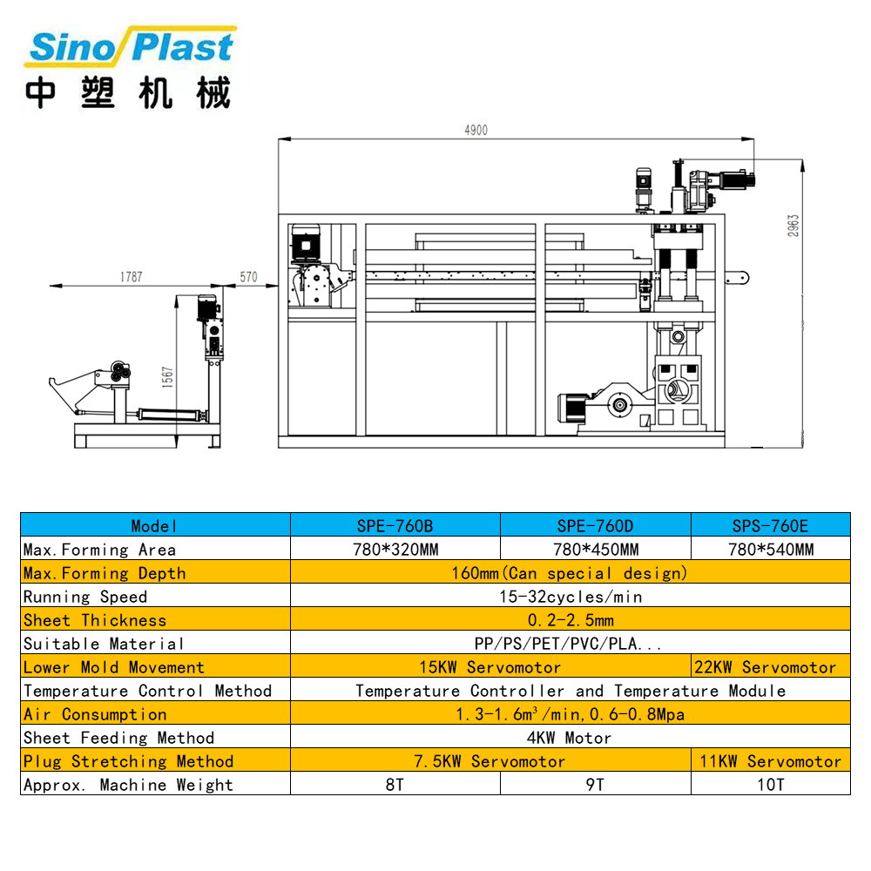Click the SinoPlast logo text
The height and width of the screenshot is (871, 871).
coord(131,47)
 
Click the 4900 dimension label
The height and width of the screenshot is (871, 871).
coord(476,131)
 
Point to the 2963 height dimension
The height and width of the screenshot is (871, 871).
coord(793,226)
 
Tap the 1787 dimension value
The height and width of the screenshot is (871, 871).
coord(131,277)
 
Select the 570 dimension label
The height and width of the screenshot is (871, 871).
coord(249,277)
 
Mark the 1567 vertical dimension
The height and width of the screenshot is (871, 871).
coord(168,376)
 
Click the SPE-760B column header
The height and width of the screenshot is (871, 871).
coord(395,525)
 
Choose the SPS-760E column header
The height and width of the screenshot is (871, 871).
coord(770,525)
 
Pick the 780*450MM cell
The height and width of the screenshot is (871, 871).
coord(596,550)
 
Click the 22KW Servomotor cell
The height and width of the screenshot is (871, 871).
coord(771,667)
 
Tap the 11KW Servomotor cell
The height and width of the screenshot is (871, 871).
coord(771,761)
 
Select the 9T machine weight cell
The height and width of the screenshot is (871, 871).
coord(596,785)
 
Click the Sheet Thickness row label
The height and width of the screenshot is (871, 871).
coord(95,620)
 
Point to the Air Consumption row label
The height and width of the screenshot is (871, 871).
coord(95,714)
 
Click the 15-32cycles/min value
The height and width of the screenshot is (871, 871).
coord(570,597)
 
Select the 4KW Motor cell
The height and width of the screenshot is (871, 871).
coord(570,738)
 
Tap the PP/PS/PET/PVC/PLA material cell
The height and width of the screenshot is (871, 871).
coord(570,644)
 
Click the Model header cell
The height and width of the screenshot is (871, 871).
coord(155,525)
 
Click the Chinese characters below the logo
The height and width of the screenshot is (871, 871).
coord(128,93)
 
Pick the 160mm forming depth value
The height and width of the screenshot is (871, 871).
coord(570,573)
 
